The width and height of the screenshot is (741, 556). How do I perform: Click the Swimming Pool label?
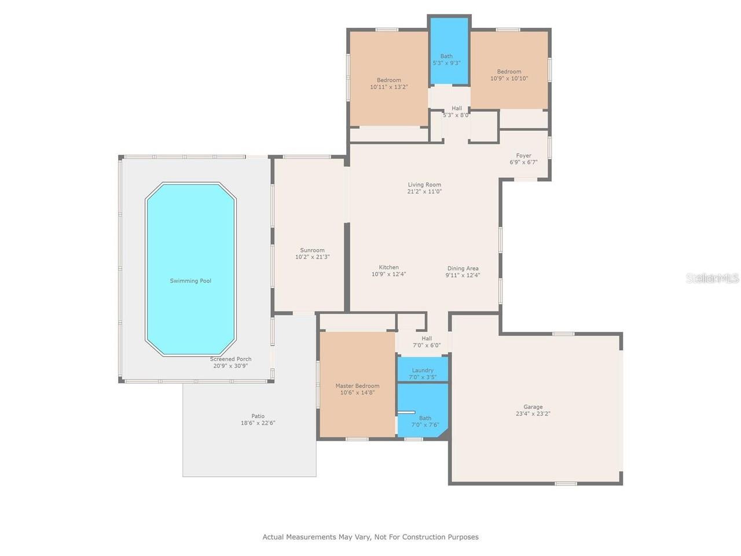tap(190, 281)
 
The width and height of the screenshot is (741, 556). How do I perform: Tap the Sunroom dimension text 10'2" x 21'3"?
tap(312, 257)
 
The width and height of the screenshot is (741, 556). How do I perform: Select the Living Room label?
tap(424, 185)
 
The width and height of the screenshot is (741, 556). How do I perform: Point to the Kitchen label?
tap(388, 268)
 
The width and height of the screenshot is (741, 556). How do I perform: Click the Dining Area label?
tap(463, 268)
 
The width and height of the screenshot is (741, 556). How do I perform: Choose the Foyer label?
tap(523, 155)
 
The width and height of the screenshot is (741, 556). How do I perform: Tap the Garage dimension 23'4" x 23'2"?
tap(533, 414)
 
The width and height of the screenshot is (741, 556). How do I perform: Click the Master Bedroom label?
tap(357, 386)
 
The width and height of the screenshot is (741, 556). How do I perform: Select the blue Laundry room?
tap(423, 370)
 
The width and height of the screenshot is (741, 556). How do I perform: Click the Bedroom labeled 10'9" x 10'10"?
tap(509, 72)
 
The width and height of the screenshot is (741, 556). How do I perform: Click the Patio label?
tap(258, 416)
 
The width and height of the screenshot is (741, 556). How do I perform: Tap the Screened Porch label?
tap(230, 359)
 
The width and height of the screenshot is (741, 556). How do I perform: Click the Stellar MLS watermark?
tap(712, 279)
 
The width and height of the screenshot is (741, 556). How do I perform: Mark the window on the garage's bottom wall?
tap(566, 483)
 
